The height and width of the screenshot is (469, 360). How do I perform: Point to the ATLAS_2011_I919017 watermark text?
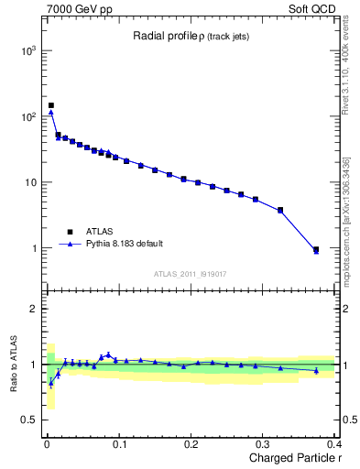[x=190, y=273]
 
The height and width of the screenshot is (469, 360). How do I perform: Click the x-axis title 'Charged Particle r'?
[x=293, y=459]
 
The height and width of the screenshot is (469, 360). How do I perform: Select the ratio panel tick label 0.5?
[x=31, y=420]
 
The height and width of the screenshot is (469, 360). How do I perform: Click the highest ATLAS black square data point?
[x=51, y=105]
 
